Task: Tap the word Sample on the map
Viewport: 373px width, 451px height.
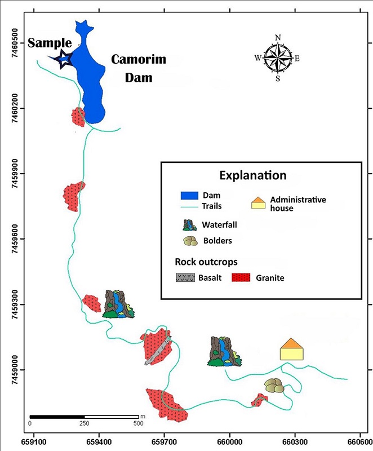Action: pos(50,43)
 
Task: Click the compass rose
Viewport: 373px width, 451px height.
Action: pos(277,58)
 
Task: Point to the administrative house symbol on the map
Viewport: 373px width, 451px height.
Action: pos(292,350)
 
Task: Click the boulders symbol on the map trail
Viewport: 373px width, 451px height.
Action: pos(275,386)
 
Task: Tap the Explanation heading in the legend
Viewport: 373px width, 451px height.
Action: pos(252,175)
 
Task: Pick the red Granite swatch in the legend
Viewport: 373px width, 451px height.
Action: pos(242,278)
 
